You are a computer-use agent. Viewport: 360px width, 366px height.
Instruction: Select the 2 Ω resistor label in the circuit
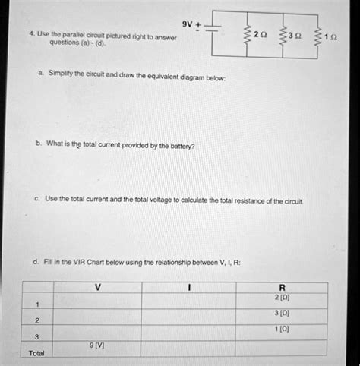[260, 35]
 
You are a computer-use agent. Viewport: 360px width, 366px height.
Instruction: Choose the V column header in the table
[97, 287]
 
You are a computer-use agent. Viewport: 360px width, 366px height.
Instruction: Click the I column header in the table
[189, 287]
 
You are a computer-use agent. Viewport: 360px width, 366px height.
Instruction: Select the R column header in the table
[282, 288]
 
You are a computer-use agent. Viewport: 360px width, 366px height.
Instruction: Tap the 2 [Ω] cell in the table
[282, 298]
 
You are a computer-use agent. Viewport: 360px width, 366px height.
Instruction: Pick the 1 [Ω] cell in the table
[282, 329]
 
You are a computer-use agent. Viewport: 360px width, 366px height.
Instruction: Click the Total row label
[36, 353]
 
